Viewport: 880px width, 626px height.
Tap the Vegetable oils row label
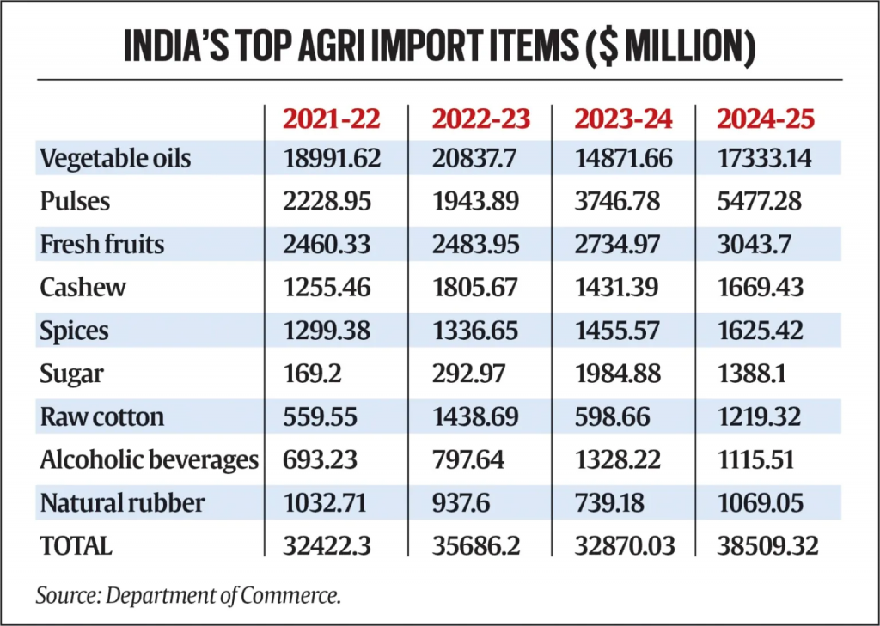(115, 158)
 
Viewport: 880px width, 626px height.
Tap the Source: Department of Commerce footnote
(188, 595)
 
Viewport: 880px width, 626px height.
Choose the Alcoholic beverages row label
(149, 459)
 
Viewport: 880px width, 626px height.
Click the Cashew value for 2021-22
(326, 287)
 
